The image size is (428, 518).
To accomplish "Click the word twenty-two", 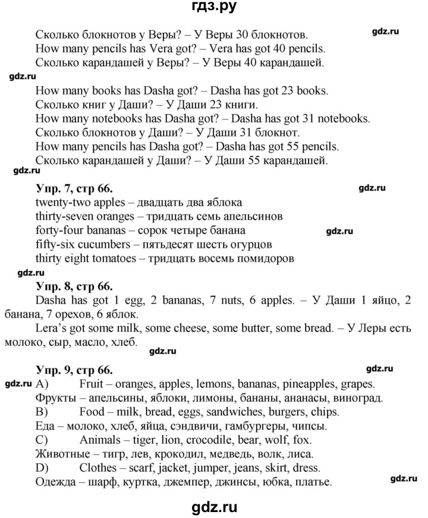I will click(x=61, y=203).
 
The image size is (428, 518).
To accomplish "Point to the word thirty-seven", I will click(x=64, y=216).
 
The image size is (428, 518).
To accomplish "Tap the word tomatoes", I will click(x=114, y=258).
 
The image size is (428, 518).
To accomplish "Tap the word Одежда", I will click(x=56, y=483).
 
